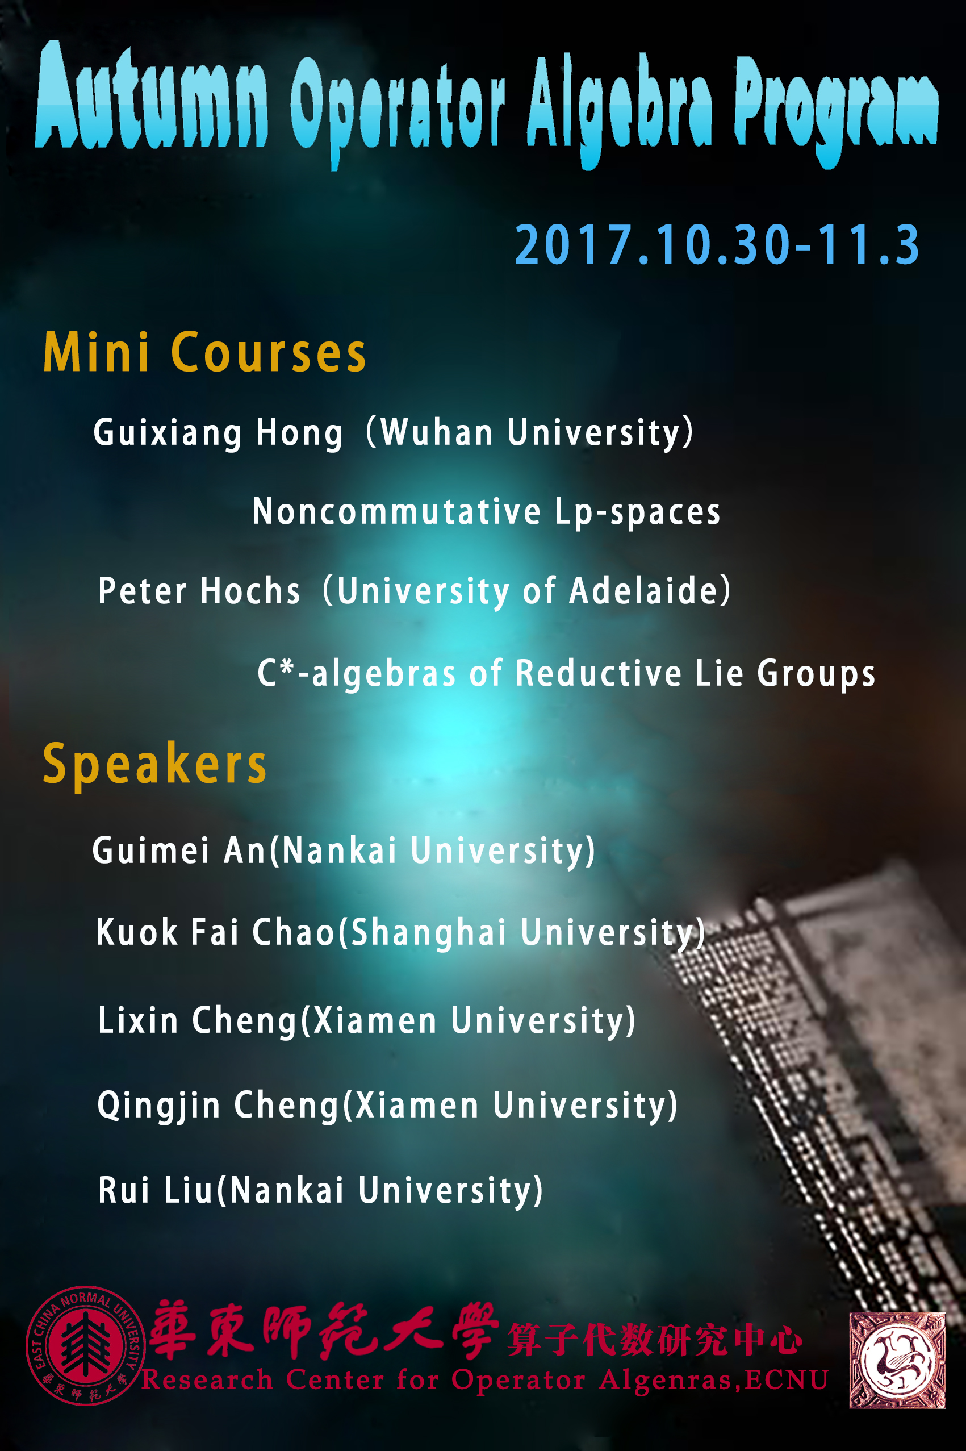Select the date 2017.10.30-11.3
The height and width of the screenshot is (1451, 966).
point(717,245)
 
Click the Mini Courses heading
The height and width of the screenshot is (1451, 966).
point(204,352)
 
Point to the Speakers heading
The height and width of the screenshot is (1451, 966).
point(154,764)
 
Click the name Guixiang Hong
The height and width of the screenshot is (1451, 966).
point(218,432)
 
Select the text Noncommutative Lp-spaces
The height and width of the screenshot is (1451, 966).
point(486,512)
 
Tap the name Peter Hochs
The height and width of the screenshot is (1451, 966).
point(199,591)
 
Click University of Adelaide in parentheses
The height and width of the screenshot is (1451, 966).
point(527,591)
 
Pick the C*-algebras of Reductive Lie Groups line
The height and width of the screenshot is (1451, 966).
point(566,673)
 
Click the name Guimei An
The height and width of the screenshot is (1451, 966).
point(179,850)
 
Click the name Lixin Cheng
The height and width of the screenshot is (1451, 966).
point(198,1020)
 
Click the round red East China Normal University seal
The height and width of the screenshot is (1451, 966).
point(85,1346)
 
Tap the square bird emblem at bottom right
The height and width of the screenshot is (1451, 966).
point(897,1360)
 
